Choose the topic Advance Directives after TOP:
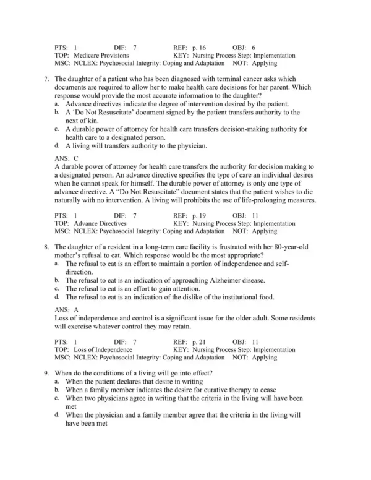pos(100,223)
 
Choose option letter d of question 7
pos(57,146)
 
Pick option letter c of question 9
pos(57,400)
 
